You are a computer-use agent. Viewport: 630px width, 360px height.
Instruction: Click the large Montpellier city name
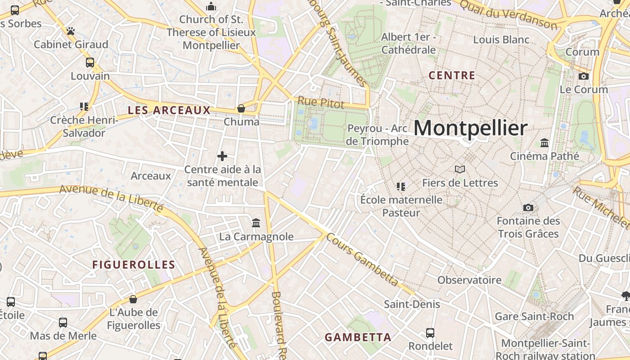[x=470, y=129]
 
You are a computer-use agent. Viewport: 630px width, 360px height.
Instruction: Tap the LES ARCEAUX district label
[x=169, y=110]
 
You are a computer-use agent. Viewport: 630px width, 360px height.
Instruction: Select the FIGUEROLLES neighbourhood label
[x=134, y=265]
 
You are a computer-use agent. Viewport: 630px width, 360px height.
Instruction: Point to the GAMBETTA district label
[x=358, y=337]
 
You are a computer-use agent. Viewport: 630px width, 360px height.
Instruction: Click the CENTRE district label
[x=452, y=75]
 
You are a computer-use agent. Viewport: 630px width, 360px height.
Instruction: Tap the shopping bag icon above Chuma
[x=241, y=108]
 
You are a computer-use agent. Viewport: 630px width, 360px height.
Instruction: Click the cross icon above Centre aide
[x=222, y=156]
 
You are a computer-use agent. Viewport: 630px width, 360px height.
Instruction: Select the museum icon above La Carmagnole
[x=256, y=223]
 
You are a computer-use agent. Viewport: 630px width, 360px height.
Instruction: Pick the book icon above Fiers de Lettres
[x=460, y=170]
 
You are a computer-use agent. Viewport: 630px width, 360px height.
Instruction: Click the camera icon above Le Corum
[x=584, y=76]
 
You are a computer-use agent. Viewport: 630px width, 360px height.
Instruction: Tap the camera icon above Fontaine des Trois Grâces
[x=528, y=207]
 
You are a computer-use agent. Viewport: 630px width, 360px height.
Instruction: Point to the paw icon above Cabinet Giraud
[x=71, y=31]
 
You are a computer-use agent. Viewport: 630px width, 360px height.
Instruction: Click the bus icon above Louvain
[x=90, y=63]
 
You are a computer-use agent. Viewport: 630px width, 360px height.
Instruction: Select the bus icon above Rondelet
[x=430, y=333]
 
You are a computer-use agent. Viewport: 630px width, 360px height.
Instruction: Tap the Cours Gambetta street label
[x=363, y=260]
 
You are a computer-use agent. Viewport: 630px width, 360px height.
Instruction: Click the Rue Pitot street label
[x=321, y=103]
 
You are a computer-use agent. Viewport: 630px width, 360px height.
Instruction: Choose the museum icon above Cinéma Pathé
[x=544, y=143]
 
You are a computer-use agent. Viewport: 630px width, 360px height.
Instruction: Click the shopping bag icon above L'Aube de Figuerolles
[x=133, y=299]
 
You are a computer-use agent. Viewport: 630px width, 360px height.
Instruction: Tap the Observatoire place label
[x=469, y=280]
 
